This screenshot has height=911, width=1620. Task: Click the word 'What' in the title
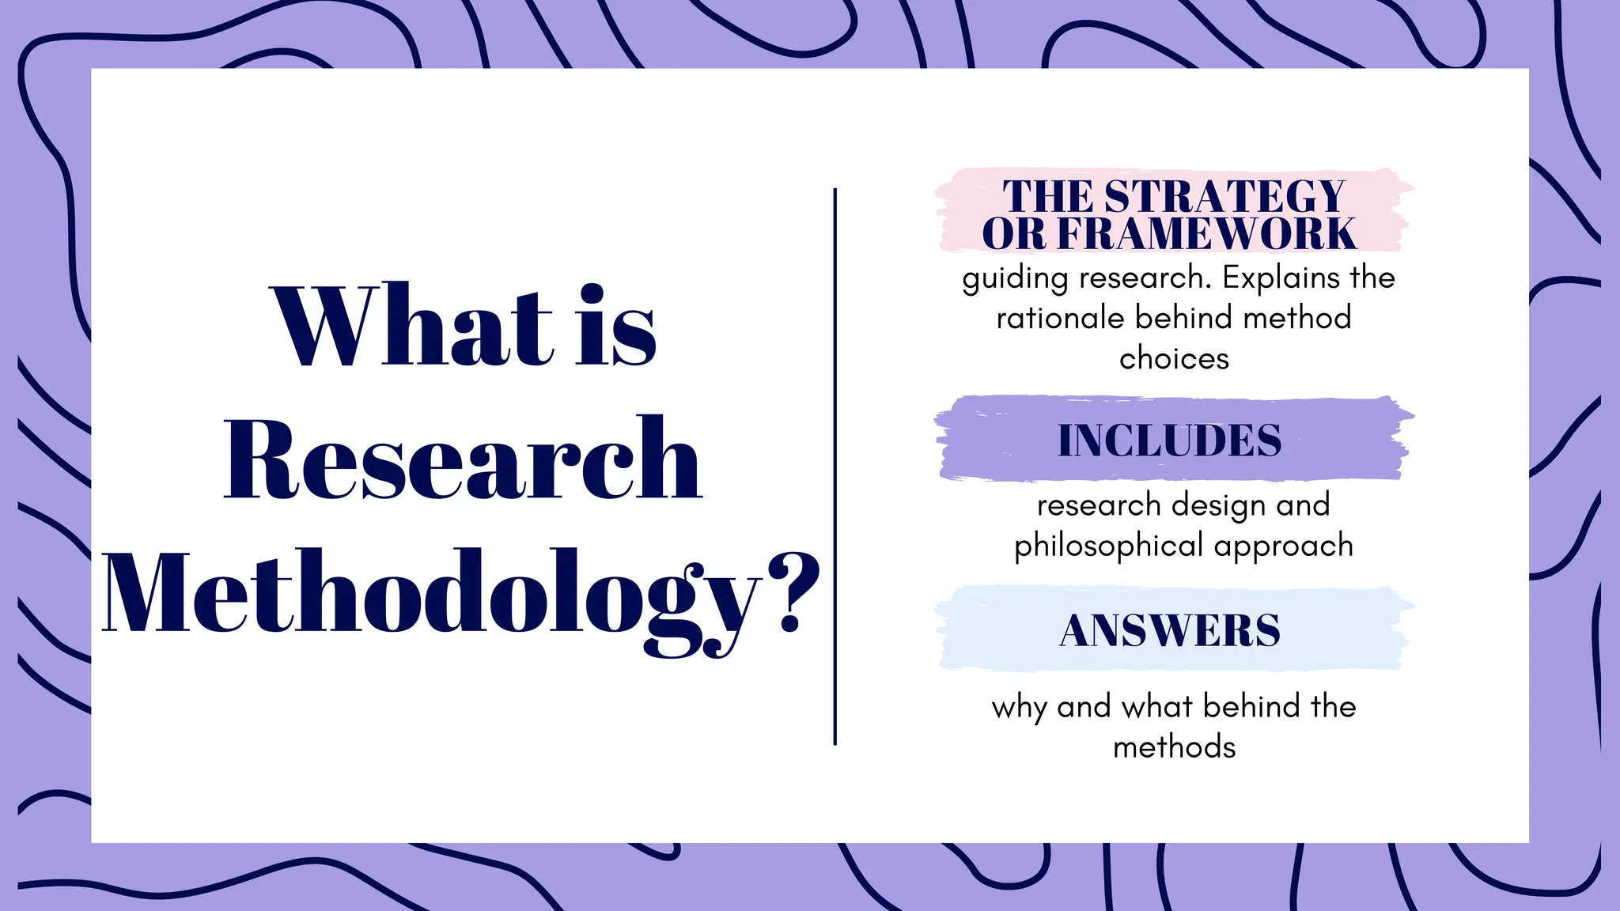tap(411, 326)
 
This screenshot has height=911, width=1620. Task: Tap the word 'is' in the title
tap(616, 326)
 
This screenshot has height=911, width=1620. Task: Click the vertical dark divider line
tap(835, 467)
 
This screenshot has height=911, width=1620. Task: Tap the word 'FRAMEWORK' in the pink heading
tap(1206, 233)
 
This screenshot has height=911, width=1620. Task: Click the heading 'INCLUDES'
tap(1169, 440)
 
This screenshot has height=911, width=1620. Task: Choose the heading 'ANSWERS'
tap(1169, 631)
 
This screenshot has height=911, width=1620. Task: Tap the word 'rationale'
tap(1060, 318)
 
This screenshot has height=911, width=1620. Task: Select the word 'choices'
tap(1174, 359)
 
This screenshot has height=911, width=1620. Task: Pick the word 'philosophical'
tap(1109, 546)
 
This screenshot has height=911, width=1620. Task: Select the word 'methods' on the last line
tap(1174, 747)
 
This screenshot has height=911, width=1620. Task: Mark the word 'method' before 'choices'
tap(1297, 318)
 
